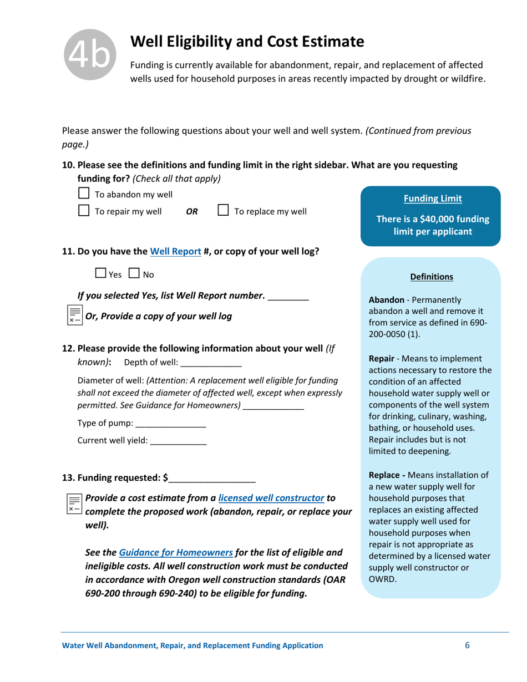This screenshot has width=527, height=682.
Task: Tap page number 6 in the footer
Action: pos(467,645)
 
